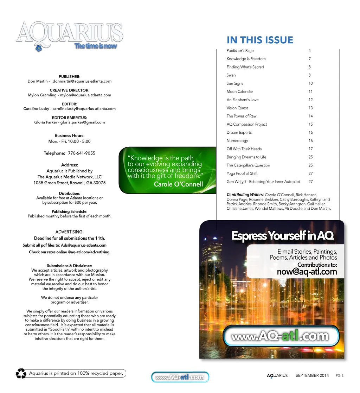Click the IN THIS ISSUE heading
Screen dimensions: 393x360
(260, 40)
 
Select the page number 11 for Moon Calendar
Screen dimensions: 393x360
(310, 91)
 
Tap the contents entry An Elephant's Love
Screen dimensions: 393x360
(242, 100)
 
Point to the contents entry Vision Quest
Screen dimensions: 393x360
(237, 108)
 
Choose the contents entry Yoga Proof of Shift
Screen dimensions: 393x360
(242, 173)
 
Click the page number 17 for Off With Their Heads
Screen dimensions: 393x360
(310, 149)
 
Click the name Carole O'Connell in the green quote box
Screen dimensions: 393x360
(178, 184)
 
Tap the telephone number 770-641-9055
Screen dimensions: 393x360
(82, 153)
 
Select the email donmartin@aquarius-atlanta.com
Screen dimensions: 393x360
(82, 81)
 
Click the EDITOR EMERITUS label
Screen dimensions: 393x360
(69, 118)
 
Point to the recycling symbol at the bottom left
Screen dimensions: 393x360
(21, 373)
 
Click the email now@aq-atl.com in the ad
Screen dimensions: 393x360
(307, 272)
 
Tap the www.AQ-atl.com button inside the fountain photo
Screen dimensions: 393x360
(280, 336)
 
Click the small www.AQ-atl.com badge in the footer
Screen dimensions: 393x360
(180, 377)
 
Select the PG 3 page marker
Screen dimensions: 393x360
(339, 375)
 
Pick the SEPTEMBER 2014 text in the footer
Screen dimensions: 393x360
(312, 375)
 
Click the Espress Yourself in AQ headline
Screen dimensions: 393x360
(283, 236)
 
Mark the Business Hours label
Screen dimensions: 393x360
(69, 135)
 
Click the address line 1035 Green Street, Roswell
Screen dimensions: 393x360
(69, 183)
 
